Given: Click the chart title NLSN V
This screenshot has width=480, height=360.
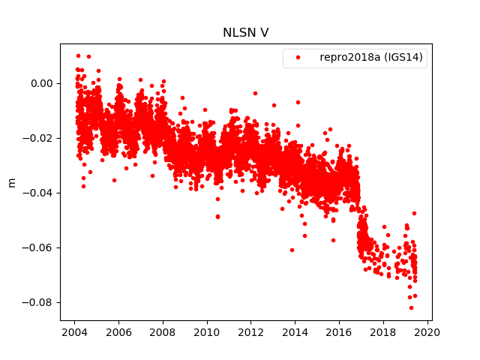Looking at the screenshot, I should [245, 33].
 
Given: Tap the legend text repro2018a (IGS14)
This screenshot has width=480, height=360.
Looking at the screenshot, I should [373, 58].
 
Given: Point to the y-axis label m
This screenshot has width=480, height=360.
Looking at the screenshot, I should [11, 182].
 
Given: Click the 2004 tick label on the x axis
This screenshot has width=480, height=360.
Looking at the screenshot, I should [74, 332].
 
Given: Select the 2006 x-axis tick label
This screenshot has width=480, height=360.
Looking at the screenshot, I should [118, 332].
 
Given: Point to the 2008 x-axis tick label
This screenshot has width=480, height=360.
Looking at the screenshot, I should [163, 332].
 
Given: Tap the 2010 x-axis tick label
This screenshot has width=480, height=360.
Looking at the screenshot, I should [207, 332].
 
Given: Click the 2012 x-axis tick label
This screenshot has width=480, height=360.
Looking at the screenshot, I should [251, 332].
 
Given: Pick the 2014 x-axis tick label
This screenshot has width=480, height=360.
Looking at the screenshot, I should [295, 332].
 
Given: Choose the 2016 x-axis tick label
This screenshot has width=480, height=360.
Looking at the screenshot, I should [340, 332].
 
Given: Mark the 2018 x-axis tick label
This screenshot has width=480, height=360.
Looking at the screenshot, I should [384, 332].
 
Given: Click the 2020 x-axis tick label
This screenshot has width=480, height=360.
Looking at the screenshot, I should [428, 332].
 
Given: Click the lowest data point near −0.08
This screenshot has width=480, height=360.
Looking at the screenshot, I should [411, 307].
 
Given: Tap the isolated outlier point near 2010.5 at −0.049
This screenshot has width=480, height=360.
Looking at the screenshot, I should [217, 216].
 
